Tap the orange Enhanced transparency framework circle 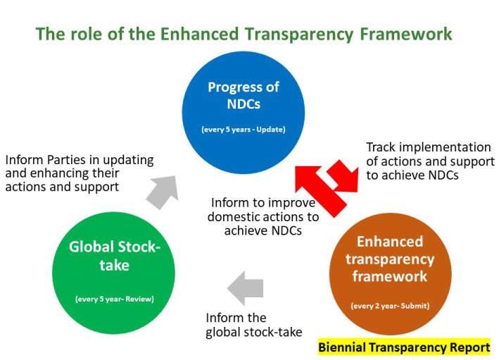(x=391, y=268)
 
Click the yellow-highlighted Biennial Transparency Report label (x=404, y=347)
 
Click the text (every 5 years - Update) (x=242, y=129)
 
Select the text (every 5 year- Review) (x=114, y=299)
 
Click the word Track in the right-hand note (x=382, y=148)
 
